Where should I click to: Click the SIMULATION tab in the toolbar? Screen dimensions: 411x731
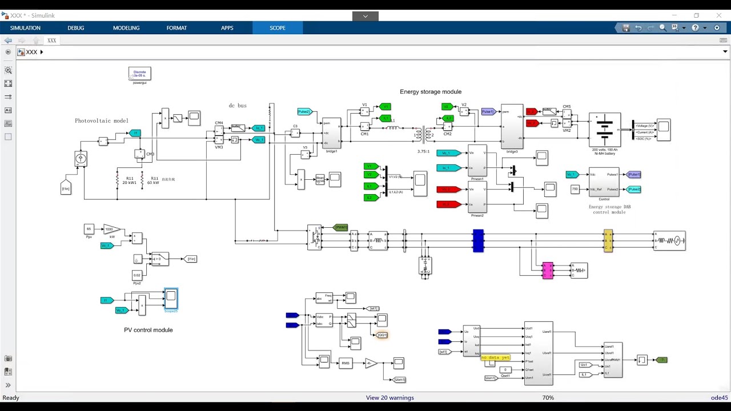click(25, 28)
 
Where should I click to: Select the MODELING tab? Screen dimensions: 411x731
click(126, 28)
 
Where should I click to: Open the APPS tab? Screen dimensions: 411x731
click(227, 28)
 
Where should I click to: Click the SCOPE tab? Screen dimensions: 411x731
click(278, 28)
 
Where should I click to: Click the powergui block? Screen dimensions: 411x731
click(139, 74)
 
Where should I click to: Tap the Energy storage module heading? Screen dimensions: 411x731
click(430, 91)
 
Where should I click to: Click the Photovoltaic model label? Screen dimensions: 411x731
click(102, 120)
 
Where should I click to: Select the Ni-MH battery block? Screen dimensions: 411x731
click(604, 129)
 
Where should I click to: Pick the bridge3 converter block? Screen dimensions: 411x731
click(512, 126)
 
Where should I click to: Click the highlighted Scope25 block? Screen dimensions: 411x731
click(171, 298)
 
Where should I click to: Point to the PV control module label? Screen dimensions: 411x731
click(148, 330)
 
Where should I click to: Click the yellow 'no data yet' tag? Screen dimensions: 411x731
click(495, 357)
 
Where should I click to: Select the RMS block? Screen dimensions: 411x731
click(345, 364)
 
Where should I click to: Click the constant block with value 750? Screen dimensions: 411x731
click(575, 189)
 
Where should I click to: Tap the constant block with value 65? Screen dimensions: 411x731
click(89, 229)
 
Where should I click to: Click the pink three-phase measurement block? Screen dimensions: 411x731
click(547, 270)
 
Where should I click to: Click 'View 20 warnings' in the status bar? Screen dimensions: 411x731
click(389, 398)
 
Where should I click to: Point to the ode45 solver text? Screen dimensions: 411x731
click(718, 398)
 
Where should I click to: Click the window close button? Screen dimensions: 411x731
click(718, 15)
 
